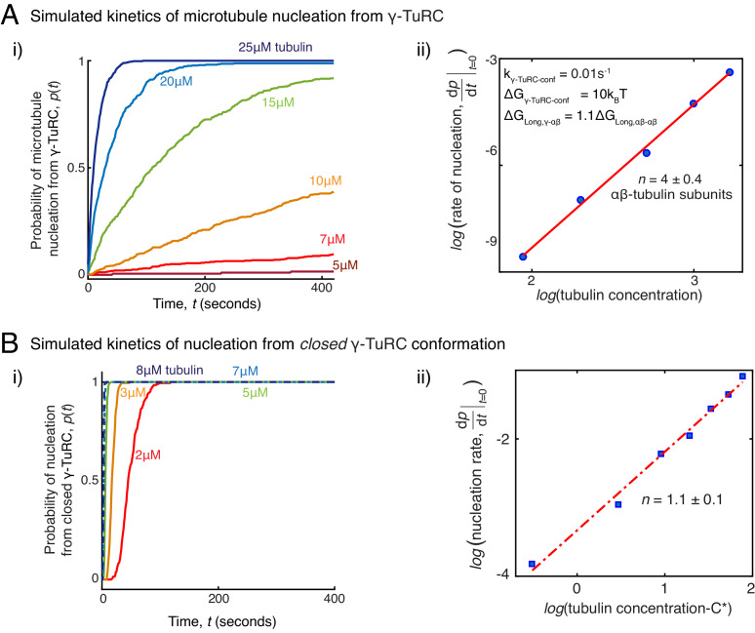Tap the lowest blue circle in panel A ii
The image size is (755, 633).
coord(523,257)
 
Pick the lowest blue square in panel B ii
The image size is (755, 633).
coord(532,564)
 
